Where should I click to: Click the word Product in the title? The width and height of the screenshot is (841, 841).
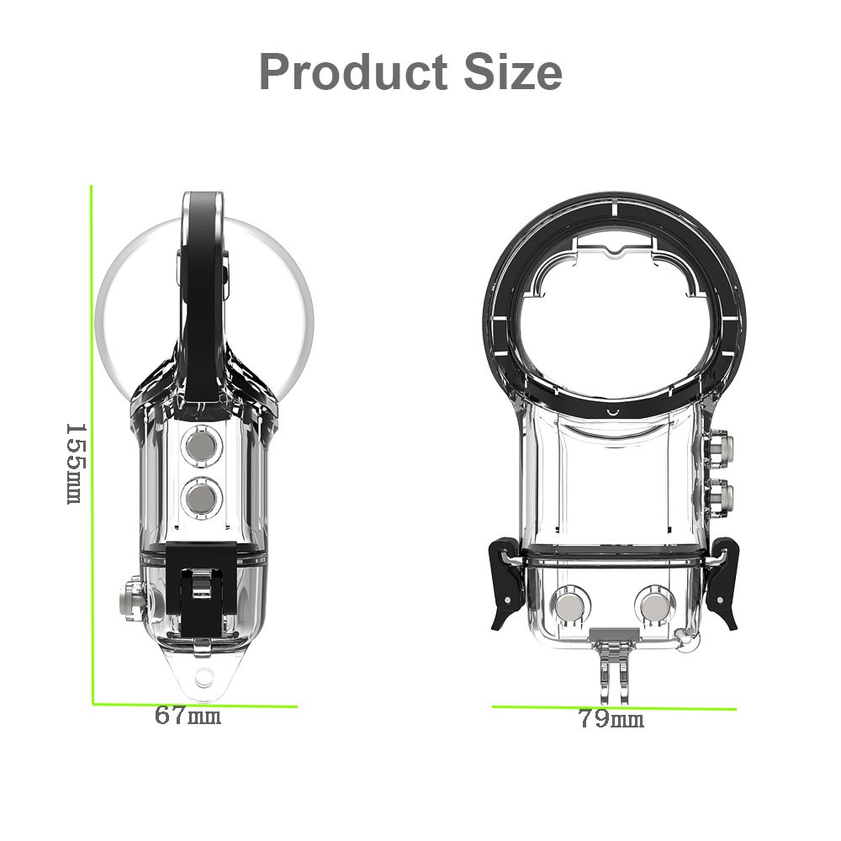pos(353,71)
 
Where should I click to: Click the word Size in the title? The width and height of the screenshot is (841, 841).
pos(513,71)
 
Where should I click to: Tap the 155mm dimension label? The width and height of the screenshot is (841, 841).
pos(75,464)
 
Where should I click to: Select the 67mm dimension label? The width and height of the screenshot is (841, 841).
pos(188,716)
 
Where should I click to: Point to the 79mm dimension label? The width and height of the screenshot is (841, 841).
pos(611,719)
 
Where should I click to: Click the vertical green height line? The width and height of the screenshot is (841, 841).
pos(92,445)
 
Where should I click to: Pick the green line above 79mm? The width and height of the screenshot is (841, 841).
pos(614,707)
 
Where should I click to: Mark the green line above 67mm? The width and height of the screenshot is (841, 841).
pos(195,704)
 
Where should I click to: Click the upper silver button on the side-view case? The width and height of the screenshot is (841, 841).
pos(202,446)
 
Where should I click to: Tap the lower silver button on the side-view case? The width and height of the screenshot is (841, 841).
pos(202,498)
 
